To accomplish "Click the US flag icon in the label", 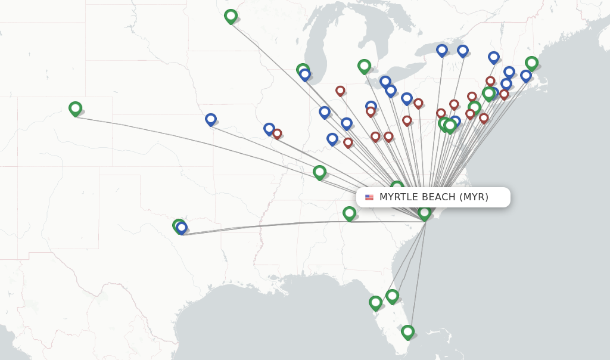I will click(369, 197).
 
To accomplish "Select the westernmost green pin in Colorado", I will click(75, 108).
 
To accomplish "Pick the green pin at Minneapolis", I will click(231, 16).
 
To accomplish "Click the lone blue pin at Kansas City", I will click(211, 119).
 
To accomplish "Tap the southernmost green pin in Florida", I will click(407, 331).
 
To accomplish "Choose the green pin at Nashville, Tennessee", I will click(320, 172).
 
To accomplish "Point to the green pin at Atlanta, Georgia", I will click(349, 213).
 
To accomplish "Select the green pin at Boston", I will click(531, 63).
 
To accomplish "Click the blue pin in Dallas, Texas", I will click(182, 228).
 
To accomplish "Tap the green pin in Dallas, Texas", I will click(178, 225).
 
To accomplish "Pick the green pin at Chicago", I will click(303, 70).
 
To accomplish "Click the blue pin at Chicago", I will click(305, 75).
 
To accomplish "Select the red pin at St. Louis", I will click(277, 134).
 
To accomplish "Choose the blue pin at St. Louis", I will click(269, 128).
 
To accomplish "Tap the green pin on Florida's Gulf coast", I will click(375, 302).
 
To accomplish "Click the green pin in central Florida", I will click(392, 296).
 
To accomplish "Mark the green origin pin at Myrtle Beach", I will click(424, 212).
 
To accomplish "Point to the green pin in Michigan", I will click(364, 66).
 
